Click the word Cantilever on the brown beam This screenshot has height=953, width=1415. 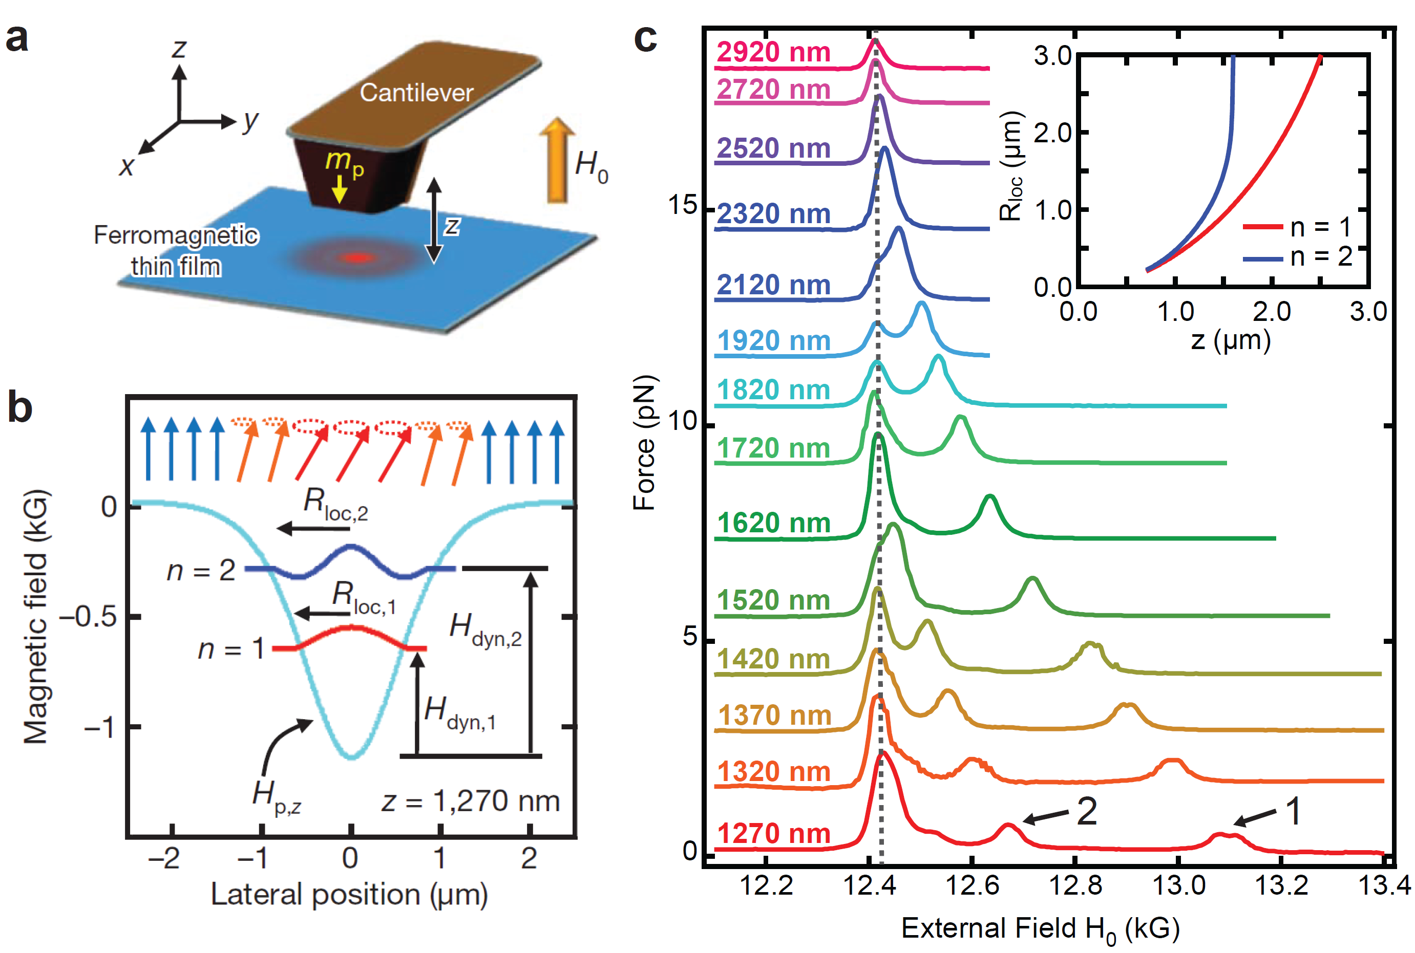[416, 92]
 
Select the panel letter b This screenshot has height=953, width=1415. [19, 407]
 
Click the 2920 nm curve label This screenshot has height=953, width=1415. [773, 52]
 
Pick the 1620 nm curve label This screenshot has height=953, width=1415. [773, 523]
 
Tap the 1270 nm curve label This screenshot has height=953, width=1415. [773, 833]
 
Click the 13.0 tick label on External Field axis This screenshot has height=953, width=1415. [1178, 885]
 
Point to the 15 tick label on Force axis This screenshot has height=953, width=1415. [682, 205]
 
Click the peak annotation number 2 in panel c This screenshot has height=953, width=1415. [1087, 811]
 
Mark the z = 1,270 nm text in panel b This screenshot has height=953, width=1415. [471, 801]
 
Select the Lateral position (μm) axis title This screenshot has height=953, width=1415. [349, 895]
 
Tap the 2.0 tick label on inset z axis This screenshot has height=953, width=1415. [1272, 312]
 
